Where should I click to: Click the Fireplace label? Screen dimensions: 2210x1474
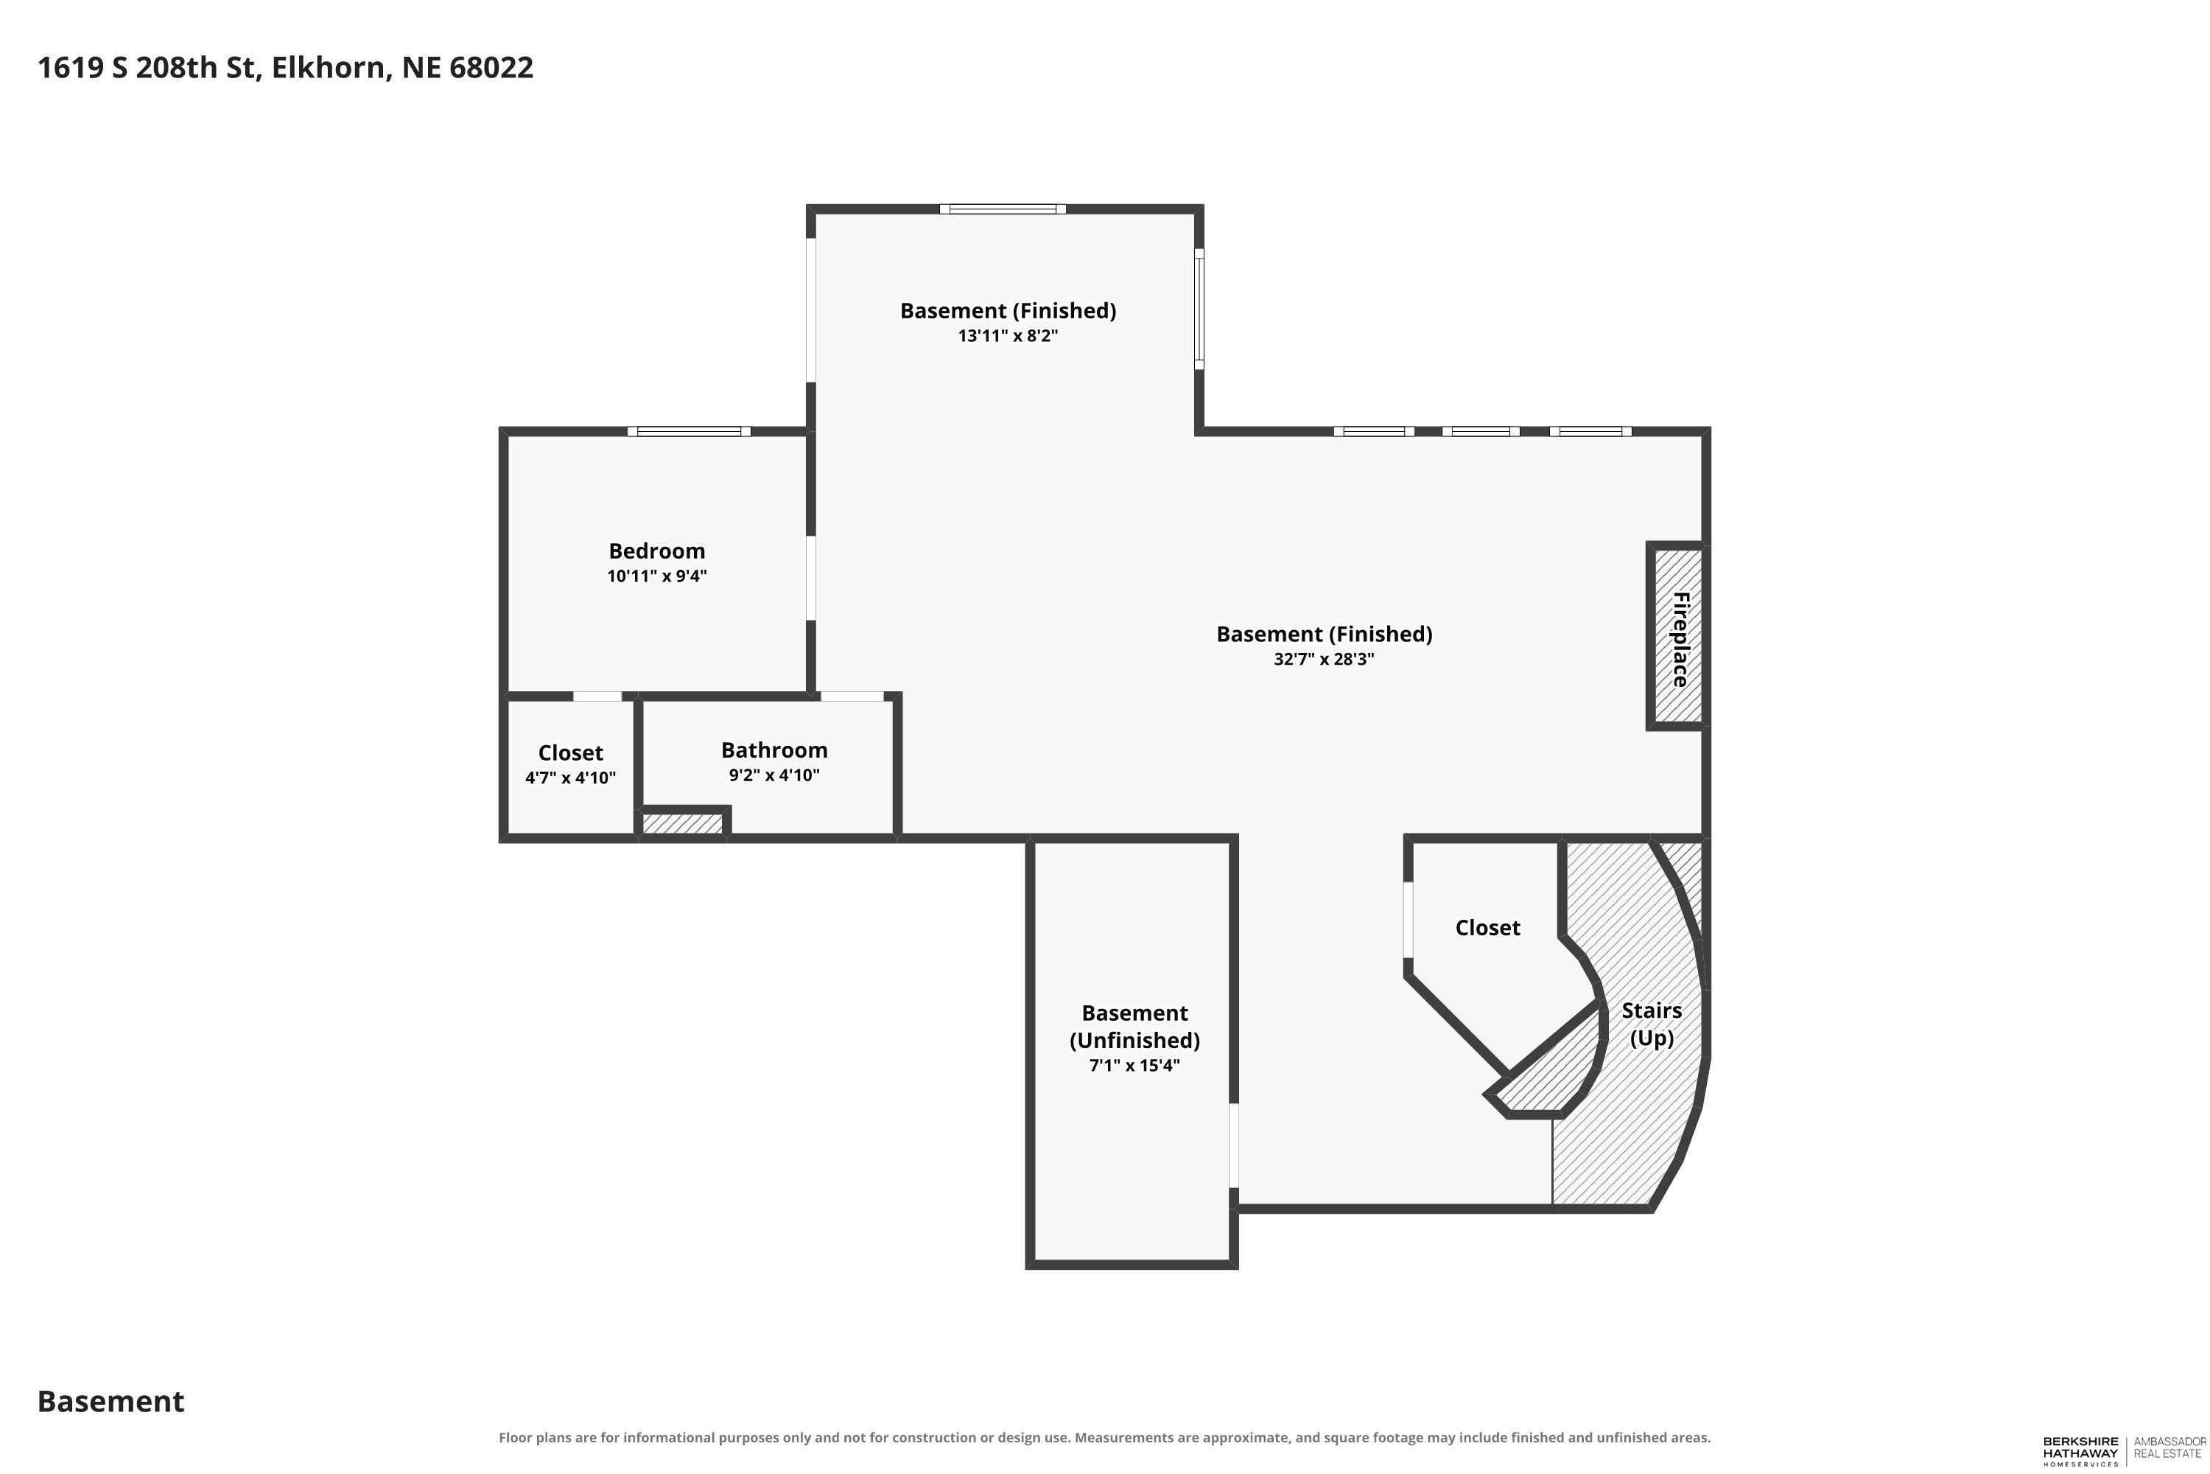tap(1681, 638)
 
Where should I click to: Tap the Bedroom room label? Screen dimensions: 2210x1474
tap(657, 551)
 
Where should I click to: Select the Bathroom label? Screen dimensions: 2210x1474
tap(774, 750)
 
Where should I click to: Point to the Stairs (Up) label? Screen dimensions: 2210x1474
tap(1652, 1024)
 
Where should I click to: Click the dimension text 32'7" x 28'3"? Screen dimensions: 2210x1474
tap(1324, 659)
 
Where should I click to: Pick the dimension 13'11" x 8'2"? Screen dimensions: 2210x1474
tap(1008, 335)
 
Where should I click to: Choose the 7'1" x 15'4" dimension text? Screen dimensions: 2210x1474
tap(1134, 1065)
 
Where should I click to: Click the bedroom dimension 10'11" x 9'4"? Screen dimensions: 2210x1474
tap(657, 576)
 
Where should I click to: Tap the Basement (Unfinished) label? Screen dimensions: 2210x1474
tap(1135, 1026)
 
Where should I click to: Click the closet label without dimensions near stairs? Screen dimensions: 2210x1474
tap(1487, 928)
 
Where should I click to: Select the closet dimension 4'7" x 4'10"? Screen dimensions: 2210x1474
tap(570, 778)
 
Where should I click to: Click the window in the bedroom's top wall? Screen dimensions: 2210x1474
tap(690, 431)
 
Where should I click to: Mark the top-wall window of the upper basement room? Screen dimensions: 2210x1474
tap(1003, 209)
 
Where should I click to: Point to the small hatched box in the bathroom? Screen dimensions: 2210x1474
tap(682, 823)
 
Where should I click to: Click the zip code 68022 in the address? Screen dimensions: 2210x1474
tap(491, 68)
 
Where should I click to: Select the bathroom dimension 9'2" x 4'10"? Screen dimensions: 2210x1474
tap(774, 775)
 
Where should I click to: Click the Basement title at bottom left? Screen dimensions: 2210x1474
tap(111, 1401)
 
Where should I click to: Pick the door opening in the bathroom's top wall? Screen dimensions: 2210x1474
tap(852, 696)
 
